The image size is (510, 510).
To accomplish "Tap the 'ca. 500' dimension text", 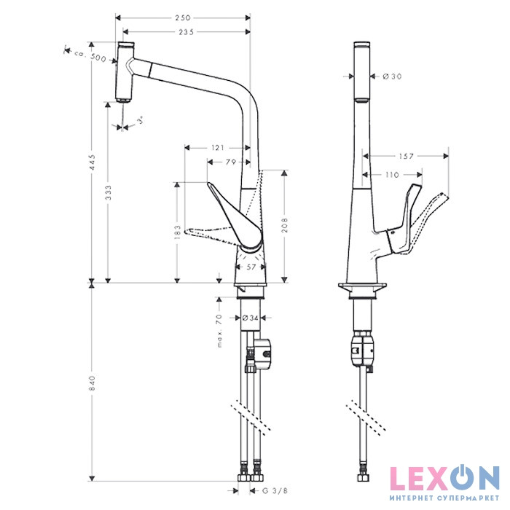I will point(91,56).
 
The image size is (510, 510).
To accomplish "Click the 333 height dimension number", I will point(108,193).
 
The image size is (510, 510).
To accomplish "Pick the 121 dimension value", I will point(217,148).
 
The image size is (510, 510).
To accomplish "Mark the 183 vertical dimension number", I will point(176,232).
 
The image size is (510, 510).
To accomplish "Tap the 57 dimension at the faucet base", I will point(251,267).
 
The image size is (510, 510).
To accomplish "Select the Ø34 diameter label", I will point(251,318).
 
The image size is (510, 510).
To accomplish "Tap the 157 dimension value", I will point(407,156).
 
